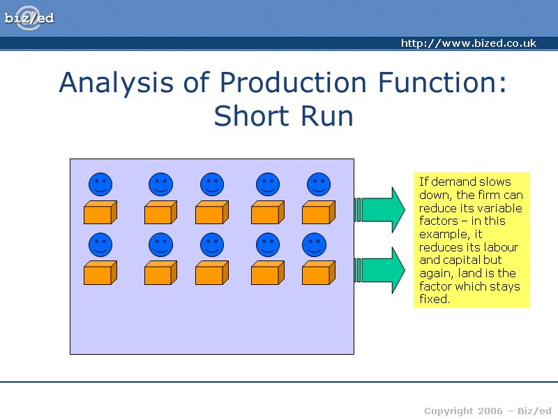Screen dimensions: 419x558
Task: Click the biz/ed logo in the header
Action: tap(29, 18)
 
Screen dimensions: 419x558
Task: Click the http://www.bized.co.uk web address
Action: tap(468, 43)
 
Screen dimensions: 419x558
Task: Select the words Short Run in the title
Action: tap(283, 116)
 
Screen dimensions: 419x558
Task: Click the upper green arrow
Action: tap(381, 209)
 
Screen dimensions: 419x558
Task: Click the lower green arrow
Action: tap(381, 270)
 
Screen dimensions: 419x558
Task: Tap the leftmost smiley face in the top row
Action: tap(100, 184)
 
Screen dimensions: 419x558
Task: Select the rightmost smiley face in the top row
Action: tap(319, 184)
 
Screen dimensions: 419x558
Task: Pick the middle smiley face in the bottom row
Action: tap(212, 244)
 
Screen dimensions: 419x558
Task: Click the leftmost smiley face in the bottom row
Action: tap(100, 244)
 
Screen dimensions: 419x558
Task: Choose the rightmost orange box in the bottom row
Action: tap(318, 272)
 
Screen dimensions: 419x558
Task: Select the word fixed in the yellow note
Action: tap(434, 300)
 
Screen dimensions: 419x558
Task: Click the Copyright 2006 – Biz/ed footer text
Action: tap(488, 410)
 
